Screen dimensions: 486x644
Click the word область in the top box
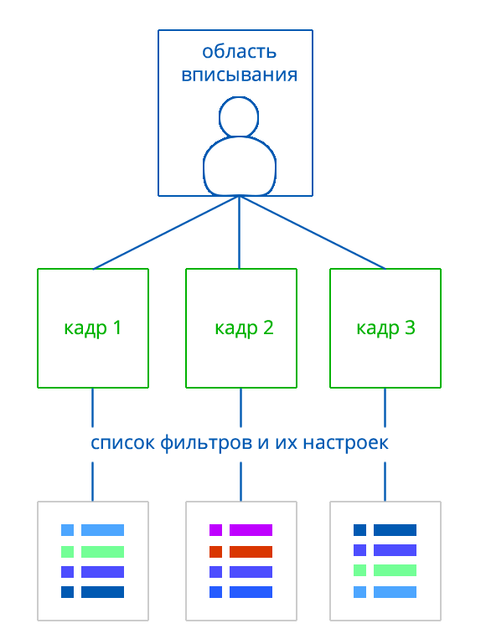point(239,52)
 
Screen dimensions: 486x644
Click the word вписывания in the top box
point(239,75)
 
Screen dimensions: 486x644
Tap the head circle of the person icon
point(239,117)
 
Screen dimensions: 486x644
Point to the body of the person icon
point(240,166)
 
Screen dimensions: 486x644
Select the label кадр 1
point(93,328)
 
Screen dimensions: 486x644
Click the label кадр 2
point(244,328)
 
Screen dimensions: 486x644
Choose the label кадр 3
point(385,328)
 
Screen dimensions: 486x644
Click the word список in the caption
point(122,443)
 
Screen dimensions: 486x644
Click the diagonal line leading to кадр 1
point(167,233)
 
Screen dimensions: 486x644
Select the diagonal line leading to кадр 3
point(313,233)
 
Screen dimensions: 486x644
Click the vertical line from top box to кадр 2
point(240,233)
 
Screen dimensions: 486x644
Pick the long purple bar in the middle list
point(251,530)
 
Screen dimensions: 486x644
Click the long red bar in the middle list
point(251,552)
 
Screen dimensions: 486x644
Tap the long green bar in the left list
point(102,552)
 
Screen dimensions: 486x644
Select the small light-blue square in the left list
point(67,530)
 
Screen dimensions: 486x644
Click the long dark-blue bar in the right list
point(395,530)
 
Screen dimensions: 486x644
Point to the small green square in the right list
point(359,570)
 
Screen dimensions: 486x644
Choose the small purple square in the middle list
point(215,530)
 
